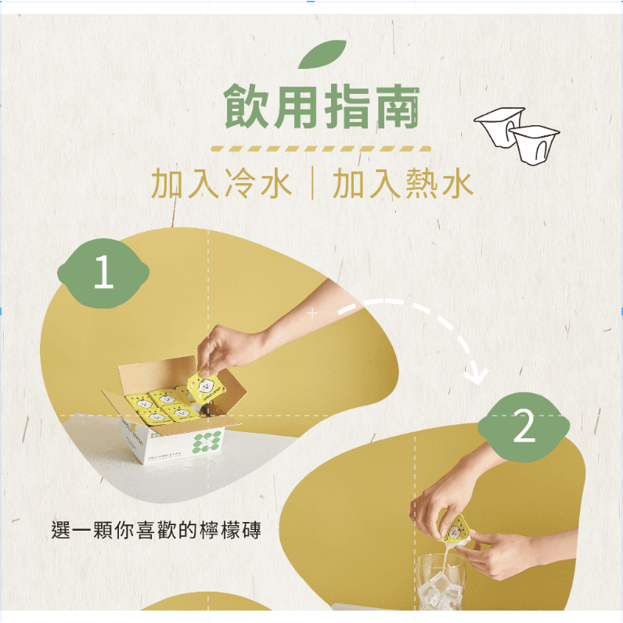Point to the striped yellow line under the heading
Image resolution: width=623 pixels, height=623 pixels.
coord(321,149)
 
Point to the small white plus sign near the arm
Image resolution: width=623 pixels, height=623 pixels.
coord(312,314)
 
